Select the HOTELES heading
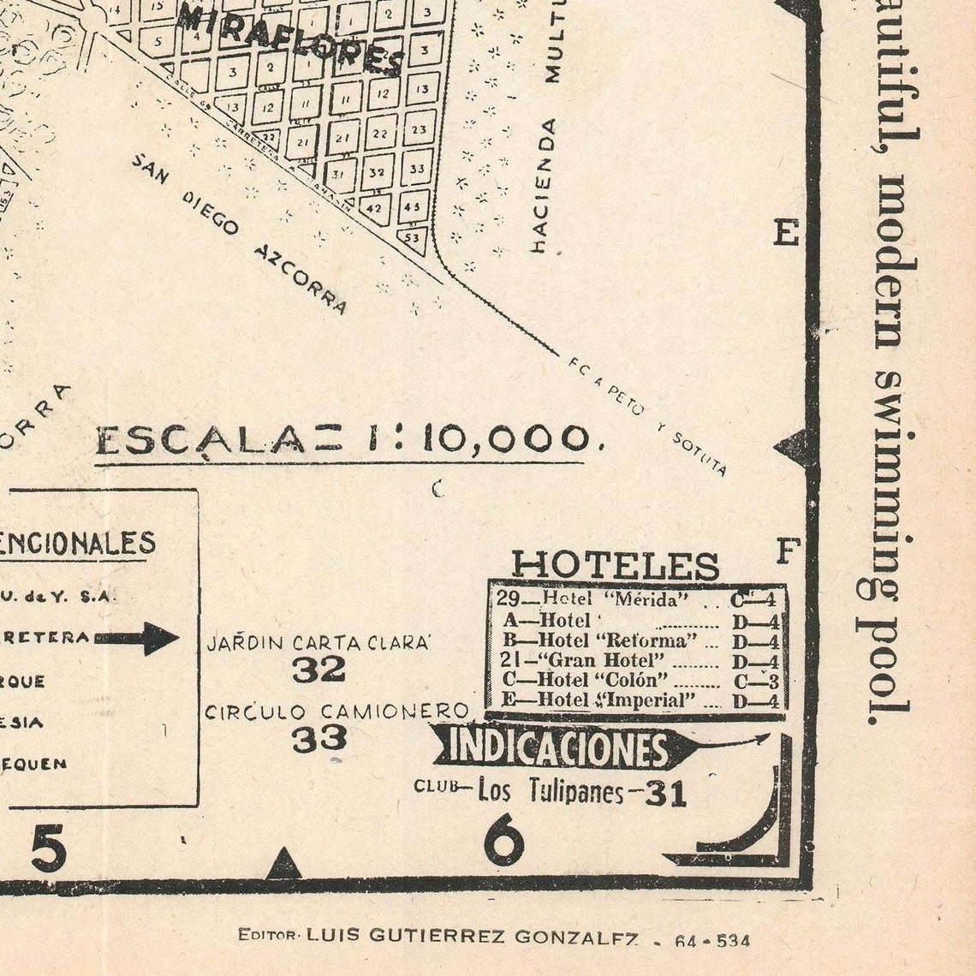pos(615,565)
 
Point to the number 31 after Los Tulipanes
pos(666,794)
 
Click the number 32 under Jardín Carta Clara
pos(318,670)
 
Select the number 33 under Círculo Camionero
pos(318,738)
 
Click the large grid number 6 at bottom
pos(503,841)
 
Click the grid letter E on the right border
pos(786,232)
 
